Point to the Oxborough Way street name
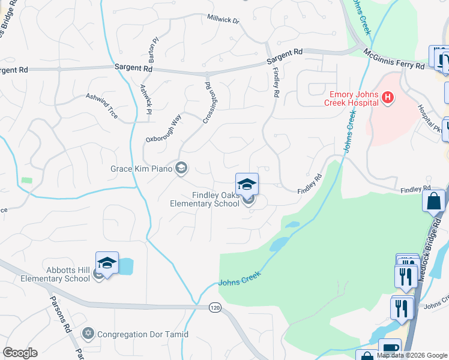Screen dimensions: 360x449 coord(163,129)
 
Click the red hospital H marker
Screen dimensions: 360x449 coord(388,97)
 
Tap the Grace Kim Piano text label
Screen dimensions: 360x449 coord(141,169)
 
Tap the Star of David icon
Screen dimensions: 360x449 coord(89,333)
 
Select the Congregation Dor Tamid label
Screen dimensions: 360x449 coord(143,334)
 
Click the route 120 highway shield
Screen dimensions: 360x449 coord(214,307)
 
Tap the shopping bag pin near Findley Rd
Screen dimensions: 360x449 coord(433,201)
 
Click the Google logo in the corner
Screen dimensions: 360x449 coord(19,353)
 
